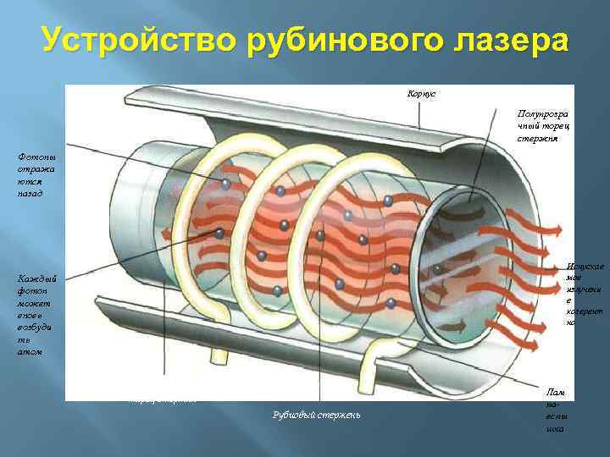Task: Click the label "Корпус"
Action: [421, 93]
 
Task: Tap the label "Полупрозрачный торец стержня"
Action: [542, 124]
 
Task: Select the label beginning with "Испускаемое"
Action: [585, 293]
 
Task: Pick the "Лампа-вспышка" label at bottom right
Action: [555, 410]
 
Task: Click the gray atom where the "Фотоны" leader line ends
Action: [225, 184]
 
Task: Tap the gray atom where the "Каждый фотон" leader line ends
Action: [219, 234]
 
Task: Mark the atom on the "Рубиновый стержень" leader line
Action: [319, 235]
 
